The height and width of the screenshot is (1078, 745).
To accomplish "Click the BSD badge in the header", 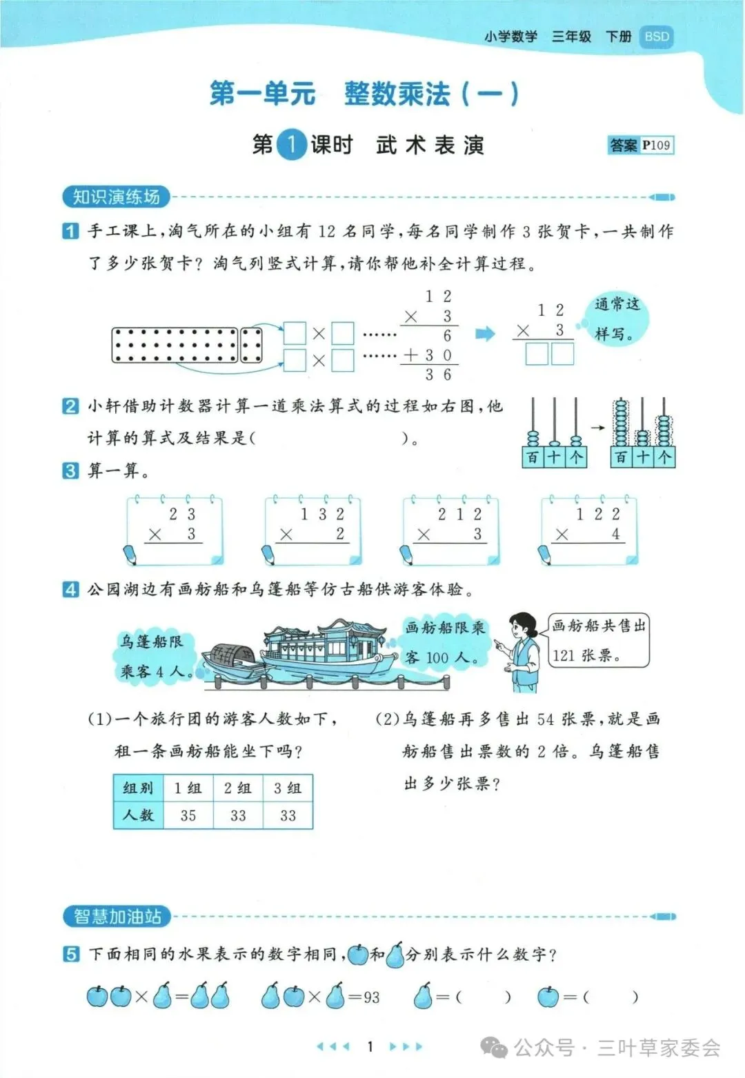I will tap(656, 37).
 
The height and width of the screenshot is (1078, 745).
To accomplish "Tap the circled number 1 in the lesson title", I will tap(291, 145).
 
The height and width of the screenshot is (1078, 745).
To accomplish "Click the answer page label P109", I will tap(656, 145).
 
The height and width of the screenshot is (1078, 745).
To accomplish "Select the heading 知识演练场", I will tap(116, 197).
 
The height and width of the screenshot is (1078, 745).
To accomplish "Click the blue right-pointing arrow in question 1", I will tap(486, 334).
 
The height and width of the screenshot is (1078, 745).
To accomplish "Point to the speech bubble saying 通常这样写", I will tap(617, 319).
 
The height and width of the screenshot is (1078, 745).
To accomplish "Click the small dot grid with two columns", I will tap(250, 345).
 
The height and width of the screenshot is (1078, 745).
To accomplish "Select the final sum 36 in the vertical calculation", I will tap(438, 375).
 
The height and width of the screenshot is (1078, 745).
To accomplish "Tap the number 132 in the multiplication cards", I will tap(321, 515).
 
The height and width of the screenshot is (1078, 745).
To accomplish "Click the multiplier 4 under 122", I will tap(615, 534).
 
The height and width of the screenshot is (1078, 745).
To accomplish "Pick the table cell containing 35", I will tap(188, 815).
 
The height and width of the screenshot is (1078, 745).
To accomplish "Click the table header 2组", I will tap(238, 788).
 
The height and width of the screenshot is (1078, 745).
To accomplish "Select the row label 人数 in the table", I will tap(138, 815).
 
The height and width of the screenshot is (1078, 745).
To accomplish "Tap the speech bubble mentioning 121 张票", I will tap(598, 641).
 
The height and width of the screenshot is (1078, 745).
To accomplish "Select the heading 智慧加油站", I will tap(117, 917).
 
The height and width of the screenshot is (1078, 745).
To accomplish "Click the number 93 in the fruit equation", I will tap(371, 997).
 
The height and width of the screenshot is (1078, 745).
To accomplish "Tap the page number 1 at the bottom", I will tap(370, 1046).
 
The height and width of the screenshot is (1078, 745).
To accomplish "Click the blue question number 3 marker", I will tap(70, 471).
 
